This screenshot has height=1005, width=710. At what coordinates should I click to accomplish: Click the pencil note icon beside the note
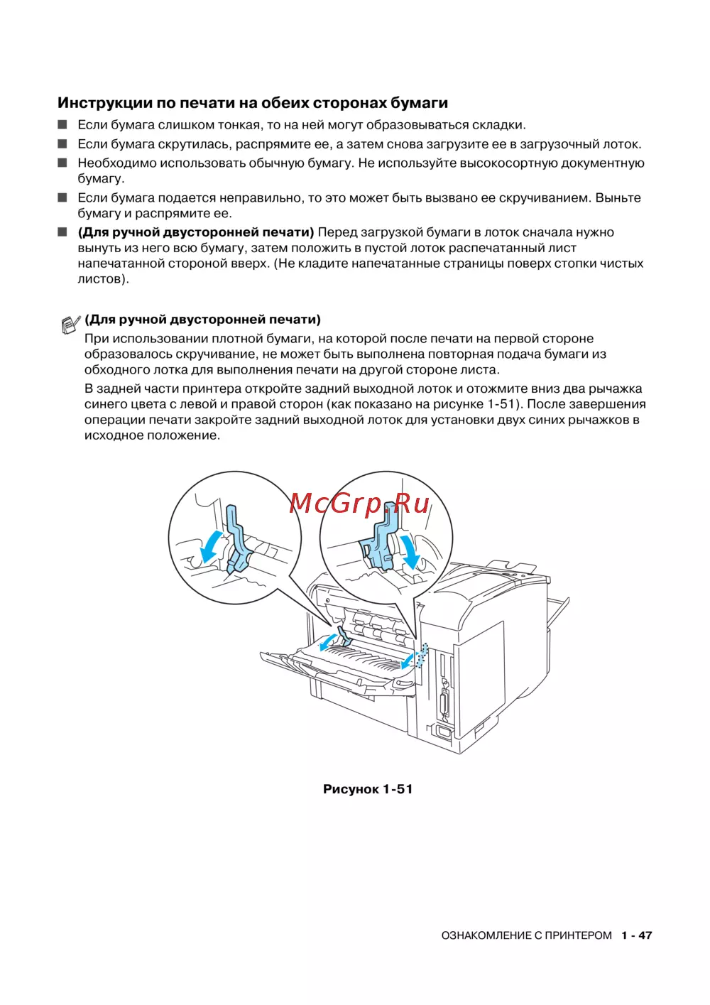[70, 325]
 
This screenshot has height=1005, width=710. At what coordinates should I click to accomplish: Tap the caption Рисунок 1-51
[367, 789]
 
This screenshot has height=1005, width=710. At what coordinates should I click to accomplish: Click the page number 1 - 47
[636, 935]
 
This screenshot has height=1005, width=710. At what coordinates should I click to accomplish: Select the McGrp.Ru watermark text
[360, 504]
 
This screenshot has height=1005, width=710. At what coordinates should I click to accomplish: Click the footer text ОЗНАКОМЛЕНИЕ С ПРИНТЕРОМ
[526, 935]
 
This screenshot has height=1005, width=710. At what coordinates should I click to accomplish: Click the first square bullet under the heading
[62, 125]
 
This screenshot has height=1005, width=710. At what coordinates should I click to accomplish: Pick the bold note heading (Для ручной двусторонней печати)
[202, 320]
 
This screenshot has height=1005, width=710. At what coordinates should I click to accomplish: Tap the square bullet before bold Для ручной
[62, 232]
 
